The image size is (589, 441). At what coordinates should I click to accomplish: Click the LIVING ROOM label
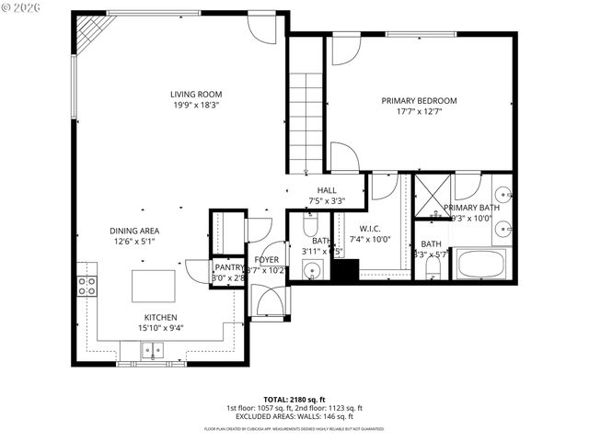[195, 94]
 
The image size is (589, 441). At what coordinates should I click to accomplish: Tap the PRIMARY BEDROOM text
[419, 101]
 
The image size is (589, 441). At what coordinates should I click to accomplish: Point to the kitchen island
[152, 286]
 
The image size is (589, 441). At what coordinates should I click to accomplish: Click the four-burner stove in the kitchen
[87, 286]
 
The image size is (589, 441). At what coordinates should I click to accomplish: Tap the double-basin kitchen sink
[152, 349]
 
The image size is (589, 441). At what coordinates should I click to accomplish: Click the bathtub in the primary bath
[481, 265]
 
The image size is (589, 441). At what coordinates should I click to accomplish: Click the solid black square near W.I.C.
[346, 270]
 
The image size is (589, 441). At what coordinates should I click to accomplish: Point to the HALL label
[327, 191]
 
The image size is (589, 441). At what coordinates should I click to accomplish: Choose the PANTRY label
[228, 267]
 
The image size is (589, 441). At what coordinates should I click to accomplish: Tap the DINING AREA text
[135, 232]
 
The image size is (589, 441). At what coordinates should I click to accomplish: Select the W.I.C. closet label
[371, 229]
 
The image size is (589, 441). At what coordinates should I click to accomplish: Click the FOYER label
[267, 260]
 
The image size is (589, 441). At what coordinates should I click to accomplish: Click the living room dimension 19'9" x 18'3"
[195, 105]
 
